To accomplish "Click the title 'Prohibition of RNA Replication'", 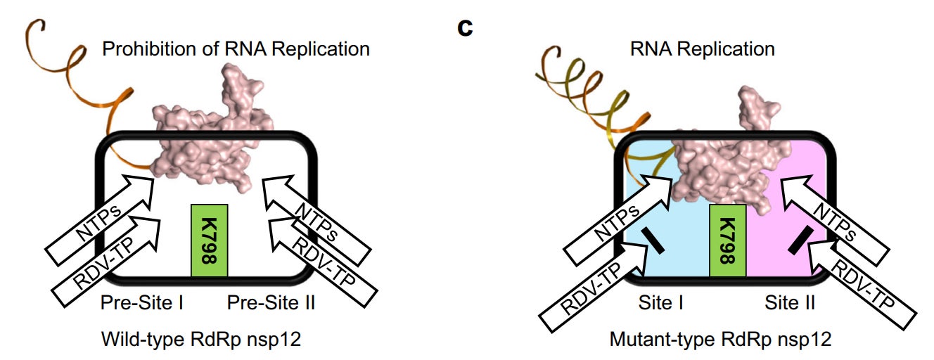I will point(236,49).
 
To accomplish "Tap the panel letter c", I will point(464,29).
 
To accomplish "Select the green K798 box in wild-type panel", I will point(209,240).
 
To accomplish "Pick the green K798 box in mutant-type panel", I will point(727,240).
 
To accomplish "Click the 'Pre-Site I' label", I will point(143,303).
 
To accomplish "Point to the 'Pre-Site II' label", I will point(271,303).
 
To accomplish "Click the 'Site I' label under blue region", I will point(660,303).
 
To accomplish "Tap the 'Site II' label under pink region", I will point(791,303).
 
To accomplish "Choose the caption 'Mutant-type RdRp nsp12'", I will point(720,340).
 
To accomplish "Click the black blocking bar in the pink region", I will point(799,240).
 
